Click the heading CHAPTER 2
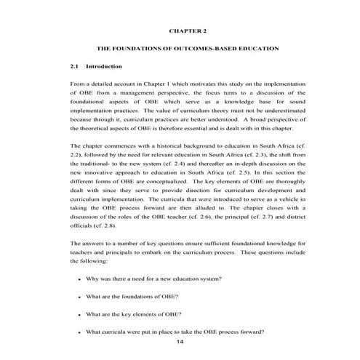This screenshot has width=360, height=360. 188,32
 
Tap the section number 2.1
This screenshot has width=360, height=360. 75,67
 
